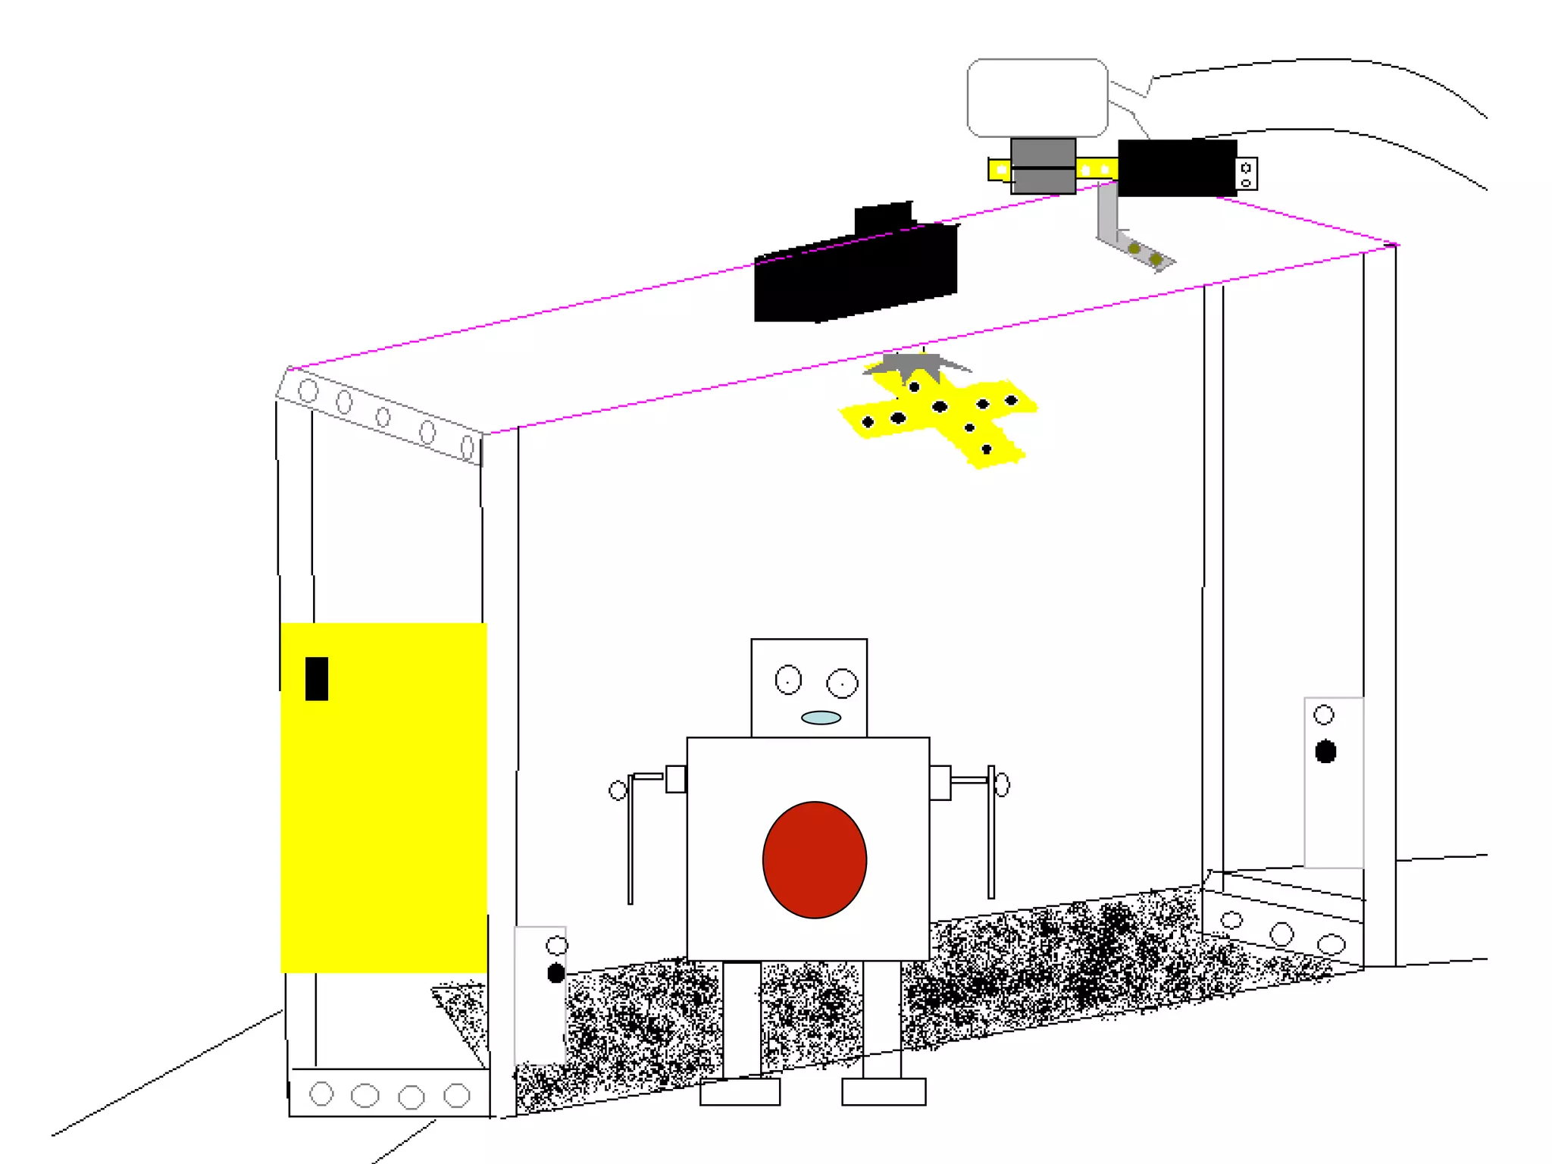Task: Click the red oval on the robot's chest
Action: [x=815, y=860]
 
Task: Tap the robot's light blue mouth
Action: [x=821, y=718]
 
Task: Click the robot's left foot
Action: [x=740, y=1092]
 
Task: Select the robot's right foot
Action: [x=884, y=1092]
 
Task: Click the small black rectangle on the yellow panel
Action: [x=317, y=678]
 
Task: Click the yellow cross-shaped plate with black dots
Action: [x=940, y=417]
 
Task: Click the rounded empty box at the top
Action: [x=1037, y=98]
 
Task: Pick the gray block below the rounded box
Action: [x=1043, y=166]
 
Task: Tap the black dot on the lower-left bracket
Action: [x=555, y=973]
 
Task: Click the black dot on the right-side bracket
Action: [x=1325, y=752]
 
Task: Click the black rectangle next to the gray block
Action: [x=1177, y=168]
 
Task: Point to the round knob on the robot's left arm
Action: [x=618, y=791]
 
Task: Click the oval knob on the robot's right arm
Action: [x=1002, y=785]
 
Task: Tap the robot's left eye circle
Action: [x=788, y=680]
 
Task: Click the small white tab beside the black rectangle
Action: [x=1246, y=174]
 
